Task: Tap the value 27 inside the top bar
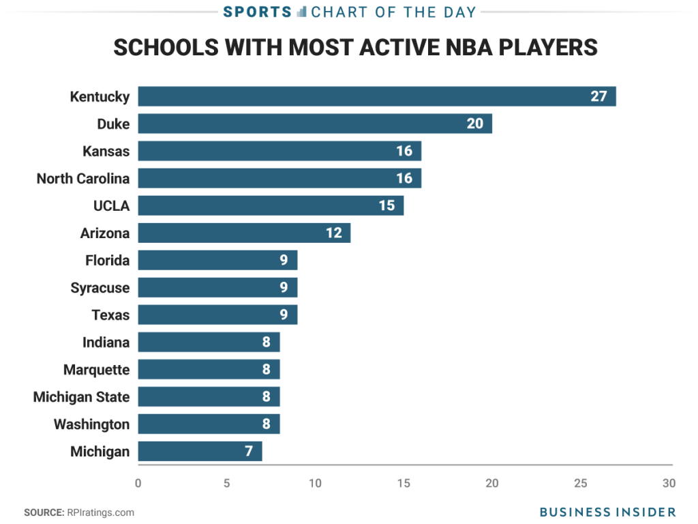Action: click(x=598, y=96)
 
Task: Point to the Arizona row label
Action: click(x=105, y=233)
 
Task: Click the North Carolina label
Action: click(x=83, y=178)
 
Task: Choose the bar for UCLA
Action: click(x=271, y=205)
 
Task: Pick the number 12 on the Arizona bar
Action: click(x=333, y=233)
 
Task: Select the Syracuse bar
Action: click(x=217, y=287)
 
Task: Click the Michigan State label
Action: click(x=81, y=396)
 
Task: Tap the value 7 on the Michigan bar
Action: click(x=249, y=451)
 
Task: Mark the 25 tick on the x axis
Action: click(x=580, y=483)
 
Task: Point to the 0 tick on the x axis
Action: click(x=138, y=483)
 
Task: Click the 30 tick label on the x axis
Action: click(x=669, y=483)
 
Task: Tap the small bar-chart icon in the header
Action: click(x=302, y=12)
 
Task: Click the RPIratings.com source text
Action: click(x=100, y=512)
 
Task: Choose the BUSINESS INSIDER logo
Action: click(x=607, y=512)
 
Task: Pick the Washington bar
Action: click(x=209, y=424)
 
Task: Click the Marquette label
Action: click(x=96, y=369)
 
